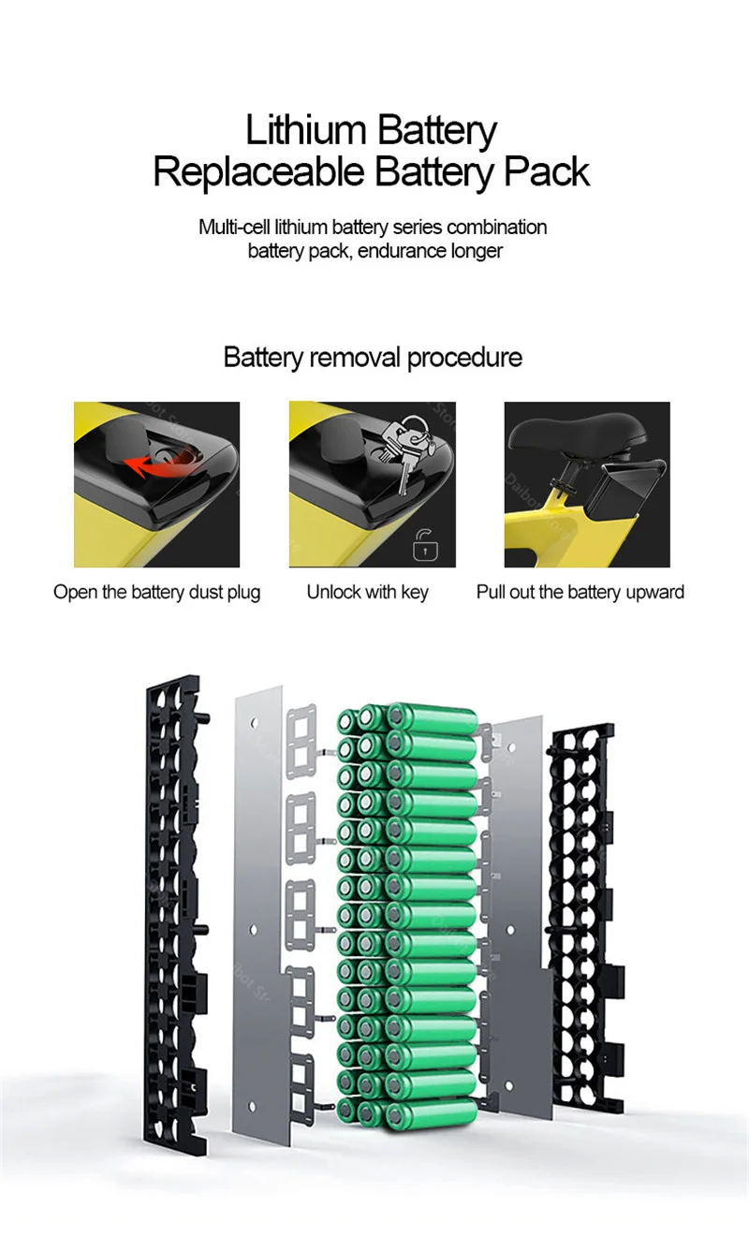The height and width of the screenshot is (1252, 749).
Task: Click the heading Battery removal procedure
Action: (373, 358)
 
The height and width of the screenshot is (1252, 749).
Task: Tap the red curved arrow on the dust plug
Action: (159, 463)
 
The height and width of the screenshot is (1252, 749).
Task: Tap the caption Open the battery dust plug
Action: (157, 592)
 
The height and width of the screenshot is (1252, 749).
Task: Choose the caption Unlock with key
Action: (368, 592)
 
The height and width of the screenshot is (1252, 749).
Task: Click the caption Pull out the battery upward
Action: (580, 592)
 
